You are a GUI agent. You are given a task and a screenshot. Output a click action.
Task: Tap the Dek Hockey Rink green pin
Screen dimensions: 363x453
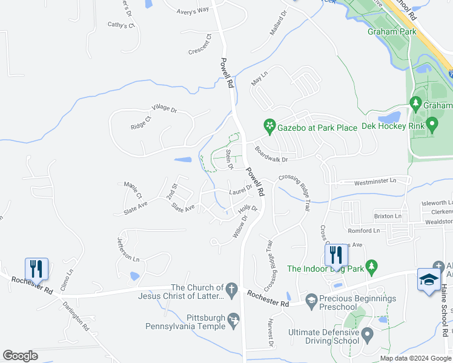[432, 125]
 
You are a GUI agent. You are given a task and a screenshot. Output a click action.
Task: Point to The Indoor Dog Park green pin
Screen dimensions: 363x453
[372, 266]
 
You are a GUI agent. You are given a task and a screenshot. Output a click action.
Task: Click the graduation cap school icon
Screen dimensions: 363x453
[429, 279]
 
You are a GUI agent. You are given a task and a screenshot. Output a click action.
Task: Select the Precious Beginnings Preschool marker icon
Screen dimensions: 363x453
[311, 299]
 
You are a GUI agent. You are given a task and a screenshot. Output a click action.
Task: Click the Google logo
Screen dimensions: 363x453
[20, 356]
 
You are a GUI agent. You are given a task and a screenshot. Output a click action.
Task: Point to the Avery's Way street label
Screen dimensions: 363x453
[193, 10]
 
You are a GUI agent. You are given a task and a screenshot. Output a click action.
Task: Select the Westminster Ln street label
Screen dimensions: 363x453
[375, 181]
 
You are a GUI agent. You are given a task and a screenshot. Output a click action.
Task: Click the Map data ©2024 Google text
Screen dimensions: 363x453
[415, 358]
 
